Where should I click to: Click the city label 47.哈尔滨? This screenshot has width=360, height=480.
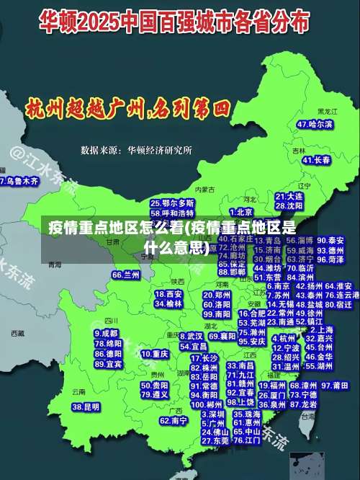click(315, 125)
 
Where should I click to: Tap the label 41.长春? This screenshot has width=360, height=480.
click(311, 159)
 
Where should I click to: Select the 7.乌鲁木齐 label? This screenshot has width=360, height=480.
click(19, 181)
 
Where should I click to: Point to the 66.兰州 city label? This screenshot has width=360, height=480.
click(126, 275)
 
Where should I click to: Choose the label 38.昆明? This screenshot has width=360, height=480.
click(86, 407)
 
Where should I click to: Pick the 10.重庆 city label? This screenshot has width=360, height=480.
click(155, 355)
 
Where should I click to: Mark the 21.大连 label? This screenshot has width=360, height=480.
click(289, 196)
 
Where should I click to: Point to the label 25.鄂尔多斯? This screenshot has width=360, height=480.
click(172, 204)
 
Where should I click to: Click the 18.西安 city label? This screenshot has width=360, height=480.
click(169, 294)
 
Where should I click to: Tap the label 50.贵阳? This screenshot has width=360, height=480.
click(155, 385)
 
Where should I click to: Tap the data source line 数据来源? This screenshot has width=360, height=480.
click(137, 151)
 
